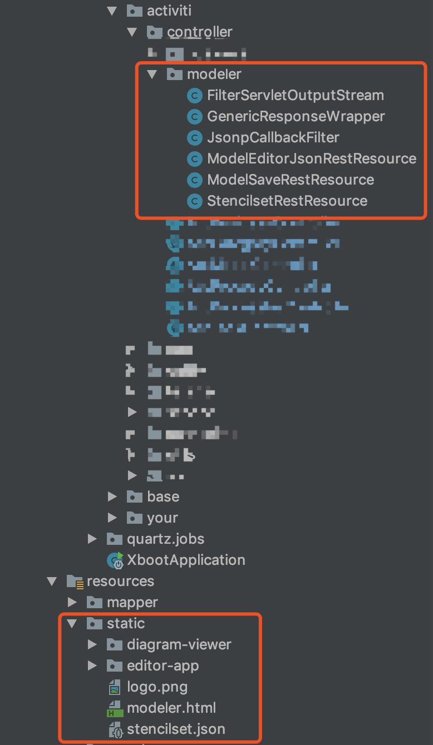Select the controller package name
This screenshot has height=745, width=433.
click(199, 32)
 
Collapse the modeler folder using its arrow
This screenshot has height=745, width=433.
click(152, 74)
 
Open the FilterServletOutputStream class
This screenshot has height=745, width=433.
click(295, 96)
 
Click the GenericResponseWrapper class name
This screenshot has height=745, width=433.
click(296, 117)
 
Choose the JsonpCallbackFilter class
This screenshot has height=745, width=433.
click(273, 137)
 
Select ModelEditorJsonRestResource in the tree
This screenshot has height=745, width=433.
click(311, 159)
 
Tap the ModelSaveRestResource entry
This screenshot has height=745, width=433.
click(290, 180)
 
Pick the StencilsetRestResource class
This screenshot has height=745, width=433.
click(287, 201)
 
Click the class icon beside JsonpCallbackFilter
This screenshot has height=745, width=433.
click(194, 137)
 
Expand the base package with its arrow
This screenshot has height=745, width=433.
click(112, 496)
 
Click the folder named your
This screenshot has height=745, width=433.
click(162, 518)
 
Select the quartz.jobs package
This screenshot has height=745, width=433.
click(165, 539)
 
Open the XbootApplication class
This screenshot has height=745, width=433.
click(186, 560)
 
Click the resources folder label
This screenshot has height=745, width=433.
click(120, 582)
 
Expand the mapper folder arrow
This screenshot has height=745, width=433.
click(72, 602)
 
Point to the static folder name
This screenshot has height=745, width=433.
click(126, 624)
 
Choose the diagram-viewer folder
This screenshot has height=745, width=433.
click(179, 645)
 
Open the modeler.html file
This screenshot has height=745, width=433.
click(171, 708)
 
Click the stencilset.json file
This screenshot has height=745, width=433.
click(176, 729)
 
